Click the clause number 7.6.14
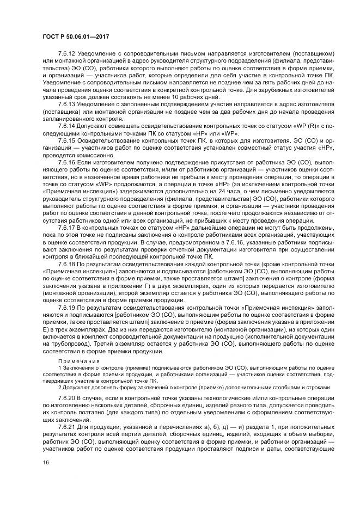click(66, 125)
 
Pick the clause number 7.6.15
click(66, 139)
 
